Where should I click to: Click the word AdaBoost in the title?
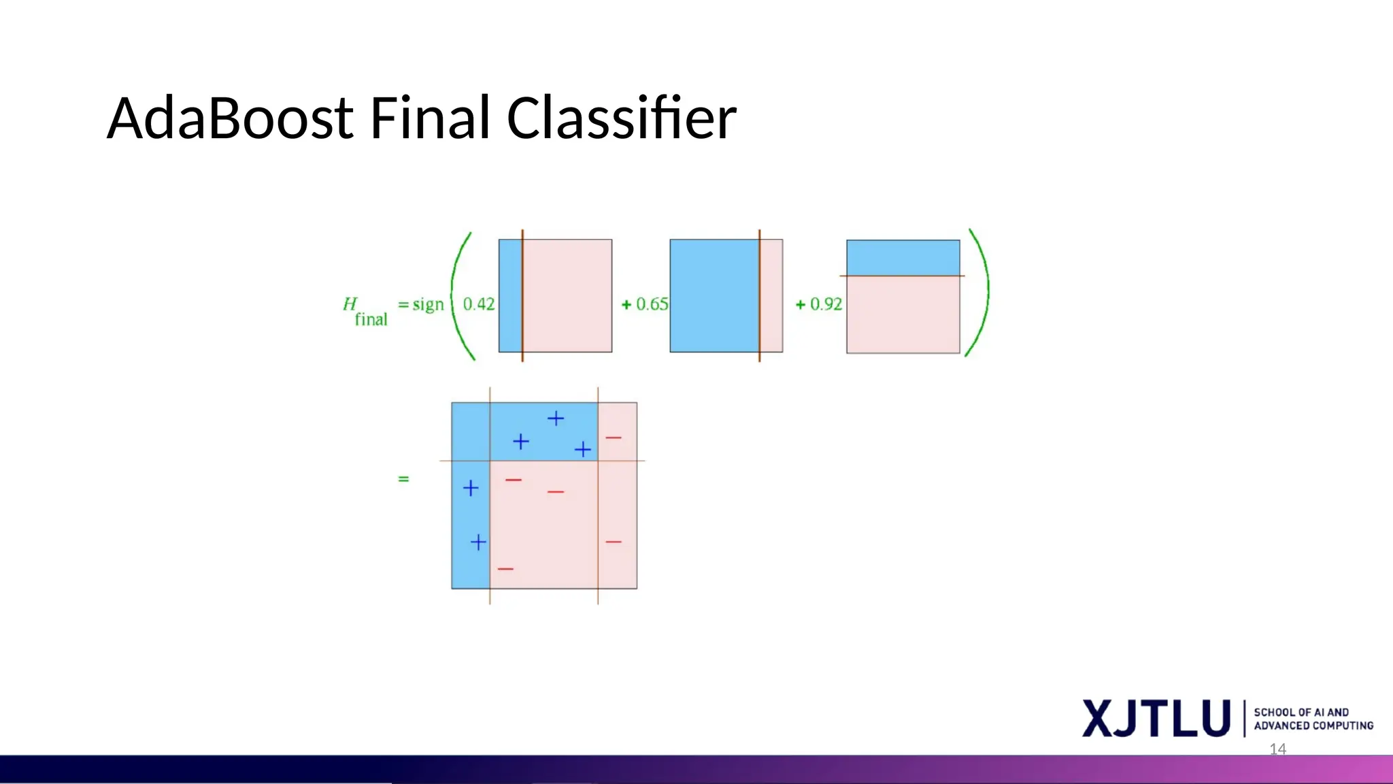coord(230,118)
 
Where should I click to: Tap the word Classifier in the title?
coord(621,118)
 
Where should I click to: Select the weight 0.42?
coord(479,304)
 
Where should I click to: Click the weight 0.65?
coord(652,304)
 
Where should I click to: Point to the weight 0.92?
coord(826,304)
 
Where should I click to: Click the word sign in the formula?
coord(428,304)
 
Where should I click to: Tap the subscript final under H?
coord(371,319)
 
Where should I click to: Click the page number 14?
coord(1277,749)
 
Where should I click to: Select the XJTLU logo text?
coord(1156,719)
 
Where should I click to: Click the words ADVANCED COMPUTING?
coord(1313,726)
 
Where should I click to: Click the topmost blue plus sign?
coord(556,418)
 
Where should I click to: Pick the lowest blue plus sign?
coord(478,542)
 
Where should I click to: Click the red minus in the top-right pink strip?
coord(614,438)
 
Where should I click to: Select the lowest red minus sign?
coord(505,569)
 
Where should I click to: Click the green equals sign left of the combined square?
coord(403,479)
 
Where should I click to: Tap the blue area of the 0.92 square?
coord(903,257)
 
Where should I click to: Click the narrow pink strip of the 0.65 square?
coord(771,295)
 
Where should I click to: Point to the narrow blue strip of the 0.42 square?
coord(510,295)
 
